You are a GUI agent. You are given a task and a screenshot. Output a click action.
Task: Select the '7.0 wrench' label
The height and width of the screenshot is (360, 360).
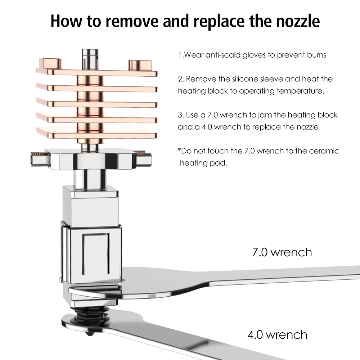(282, 252)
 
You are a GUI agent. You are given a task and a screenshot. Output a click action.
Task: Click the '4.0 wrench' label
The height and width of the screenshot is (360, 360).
(277, 335)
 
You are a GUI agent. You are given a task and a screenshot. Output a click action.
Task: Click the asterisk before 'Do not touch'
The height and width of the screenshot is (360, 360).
(180, 150)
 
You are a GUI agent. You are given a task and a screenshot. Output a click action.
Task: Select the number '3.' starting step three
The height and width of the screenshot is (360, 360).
(181, 115)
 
